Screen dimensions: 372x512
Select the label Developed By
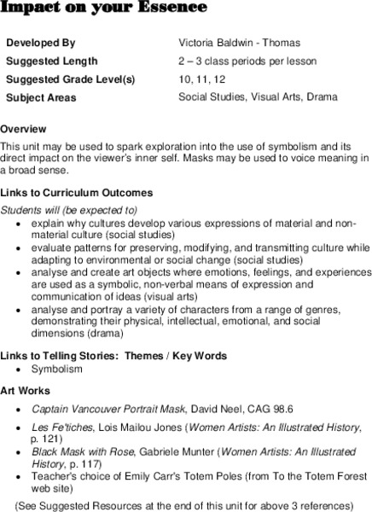[40, 42]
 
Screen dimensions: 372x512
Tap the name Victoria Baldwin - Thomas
[239, 42]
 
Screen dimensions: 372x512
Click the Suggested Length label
[51, 61]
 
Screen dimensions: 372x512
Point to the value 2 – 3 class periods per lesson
[247, 61]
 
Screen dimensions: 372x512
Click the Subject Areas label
[41, 98]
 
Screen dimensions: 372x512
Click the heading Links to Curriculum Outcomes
[77, 193]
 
